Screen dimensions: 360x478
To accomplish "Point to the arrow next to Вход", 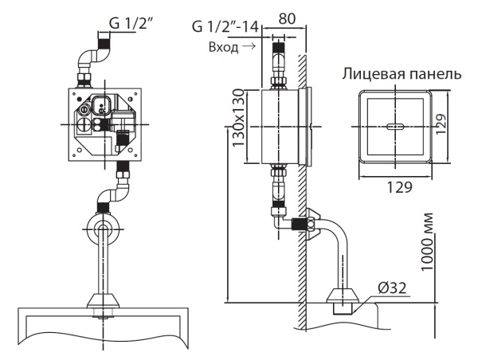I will (251, 47).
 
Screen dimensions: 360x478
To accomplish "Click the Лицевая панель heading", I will (402, 74).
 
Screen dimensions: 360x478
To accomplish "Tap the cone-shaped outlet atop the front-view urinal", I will (103, 303).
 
